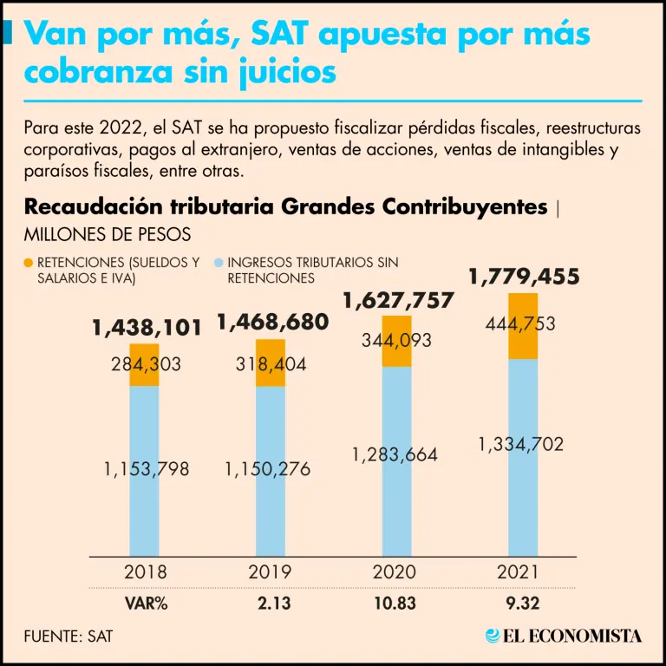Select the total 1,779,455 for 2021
click(524, 277)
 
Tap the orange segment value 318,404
click(271, 364)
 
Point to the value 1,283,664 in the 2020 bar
click(395, 454)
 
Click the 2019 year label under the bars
click(271, 572)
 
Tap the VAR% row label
click(145, 602)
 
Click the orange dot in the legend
click(29, 262)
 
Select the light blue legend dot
click(219, 262)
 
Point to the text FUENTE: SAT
click(69, 636)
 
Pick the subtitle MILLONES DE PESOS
click(108, 234)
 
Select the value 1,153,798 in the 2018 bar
click(146, 469)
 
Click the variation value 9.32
click(524, 602)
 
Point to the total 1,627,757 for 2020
click(398, 301)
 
